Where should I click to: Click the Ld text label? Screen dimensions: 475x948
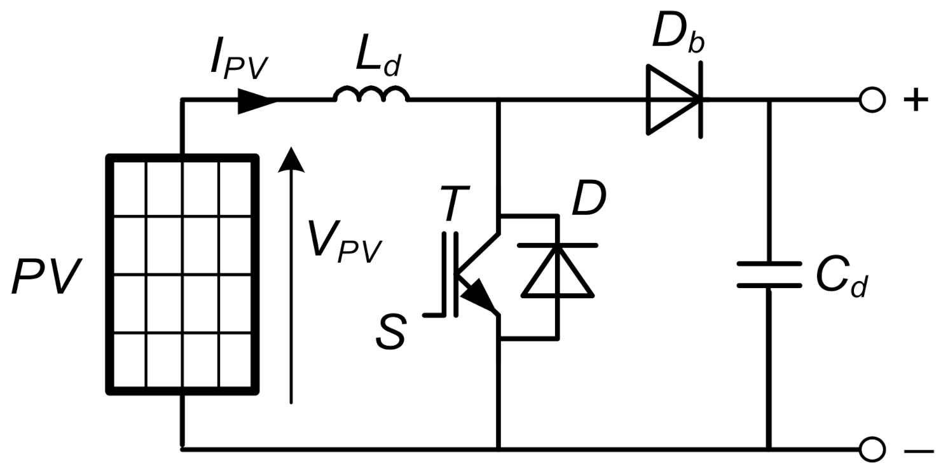coord(378,60)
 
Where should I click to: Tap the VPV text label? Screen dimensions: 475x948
coord(344,242)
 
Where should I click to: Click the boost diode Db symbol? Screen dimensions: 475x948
coord(674,100)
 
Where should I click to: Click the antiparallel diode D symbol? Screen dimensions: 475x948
coord(558,271)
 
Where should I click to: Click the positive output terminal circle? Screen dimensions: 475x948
coord(871,100)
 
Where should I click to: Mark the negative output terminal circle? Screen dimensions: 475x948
coord(871,449)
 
